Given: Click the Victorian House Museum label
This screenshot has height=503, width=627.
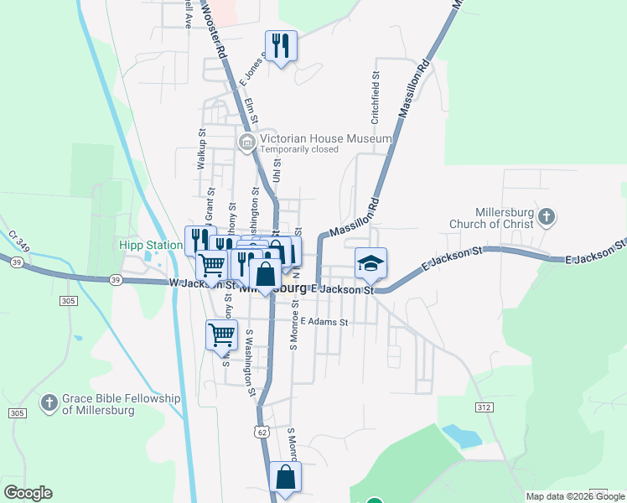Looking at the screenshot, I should [x=325, y=138].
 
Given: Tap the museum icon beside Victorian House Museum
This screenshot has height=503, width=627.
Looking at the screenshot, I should [x=247, y=140].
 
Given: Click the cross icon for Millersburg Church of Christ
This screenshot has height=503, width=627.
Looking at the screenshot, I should [x=546, y=218].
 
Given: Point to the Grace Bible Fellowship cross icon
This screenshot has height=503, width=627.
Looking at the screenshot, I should [x=50, y=403].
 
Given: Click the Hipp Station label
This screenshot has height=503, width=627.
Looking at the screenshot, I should [x=151, y=246].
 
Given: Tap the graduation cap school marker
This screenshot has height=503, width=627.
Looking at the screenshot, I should [x=370, y=264].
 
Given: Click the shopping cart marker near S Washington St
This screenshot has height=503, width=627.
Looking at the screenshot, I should [x=222, y=334].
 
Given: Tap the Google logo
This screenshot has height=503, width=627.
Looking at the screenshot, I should [x=28, y=493].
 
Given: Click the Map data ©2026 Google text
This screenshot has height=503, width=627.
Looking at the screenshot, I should [x=575, y=496].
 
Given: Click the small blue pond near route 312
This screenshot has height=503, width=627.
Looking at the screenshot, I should [x=462, y=435].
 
